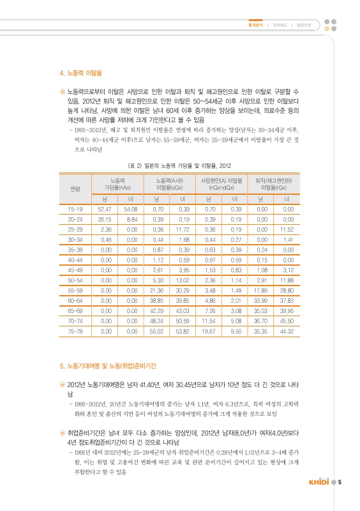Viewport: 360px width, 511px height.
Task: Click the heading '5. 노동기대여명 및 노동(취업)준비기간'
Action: coord(112,366)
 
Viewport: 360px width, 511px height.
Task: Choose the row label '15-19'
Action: coord(75,209)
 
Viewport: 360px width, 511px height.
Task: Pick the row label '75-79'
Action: coord(75,333)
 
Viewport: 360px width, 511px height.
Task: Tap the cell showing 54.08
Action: coord(130,209)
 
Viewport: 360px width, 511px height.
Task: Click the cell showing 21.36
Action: coord(157,291)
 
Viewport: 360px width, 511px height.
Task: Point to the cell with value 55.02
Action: coord(157,333)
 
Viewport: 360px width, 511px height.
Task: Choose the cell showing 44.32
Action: coord(286,333)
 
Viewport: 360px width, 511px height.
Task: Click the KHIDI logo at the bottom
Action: coord(317,482)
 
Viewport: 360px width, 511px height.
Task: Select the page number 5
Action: coord(341,482)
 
